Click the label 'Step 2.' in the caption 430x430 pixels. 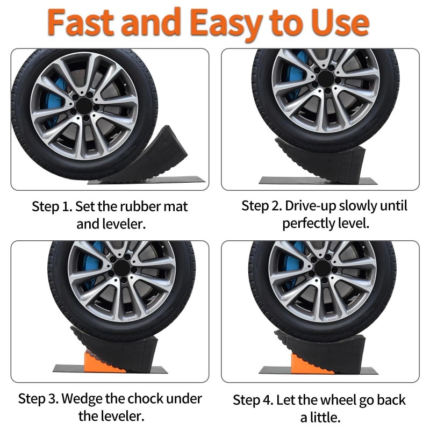261,206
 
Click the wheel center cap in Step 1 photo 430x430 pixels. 84,105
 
